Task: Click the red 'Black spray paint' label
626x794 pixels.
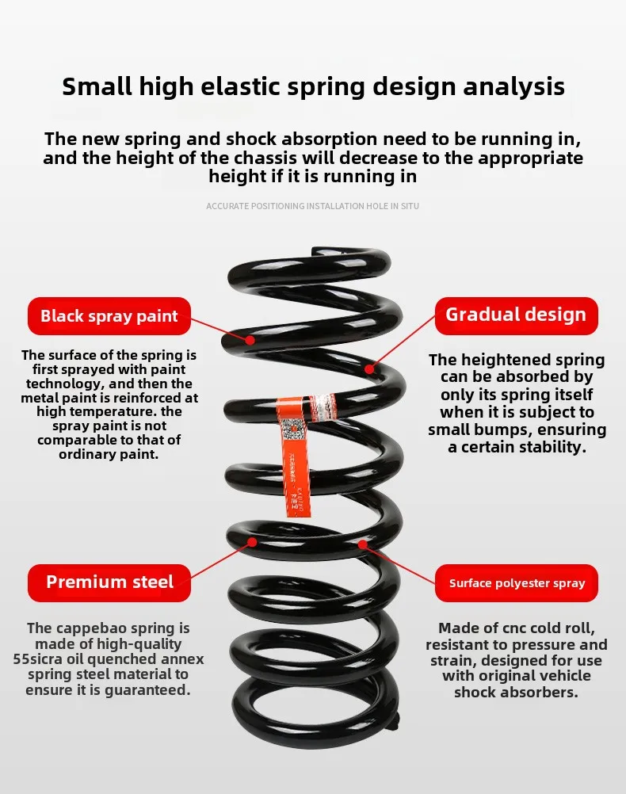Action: [x=109, y=316]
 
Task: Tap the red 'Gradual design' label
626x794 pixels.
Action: [x=516, y=315]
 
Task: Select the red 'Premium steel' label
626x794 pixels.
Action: [x=109, y=582]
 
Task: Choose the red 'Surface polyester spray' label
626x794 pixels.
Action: [x=517, y=584]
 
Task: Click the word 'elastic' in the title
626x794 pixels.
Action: [x=255, y=86]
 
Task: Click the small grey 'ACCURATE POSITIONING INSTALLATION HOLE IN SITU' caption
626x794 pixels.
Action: [x=312, y=206]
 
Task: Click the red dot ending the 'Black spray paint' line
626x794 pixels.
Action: [x=250, y=340]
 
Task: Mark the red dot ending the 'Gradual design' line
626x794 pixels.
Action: [x=368, y=368]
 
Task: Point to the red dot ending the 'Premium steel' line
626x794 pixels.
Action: [x=253, y=543]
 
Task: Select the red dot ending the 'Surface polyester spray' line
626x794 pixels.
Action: [x=362, y=544]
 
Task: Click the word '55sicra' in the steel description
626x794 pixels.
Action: [x=40, y=659]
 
